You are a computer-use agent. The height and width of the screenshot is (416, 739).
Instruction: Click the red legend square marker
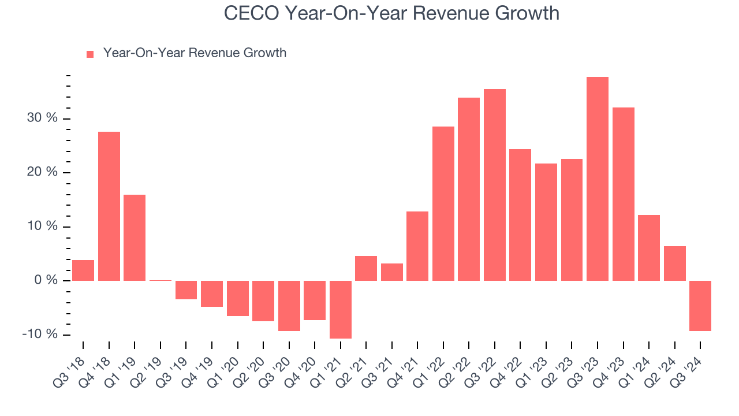click(90, 54)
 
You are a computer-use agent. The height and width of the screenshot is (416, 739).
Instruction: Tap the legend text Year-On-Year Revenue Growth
click(195, 53)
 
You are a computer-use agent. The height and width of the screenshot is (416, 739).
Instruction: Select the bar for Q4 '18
click(109, 206)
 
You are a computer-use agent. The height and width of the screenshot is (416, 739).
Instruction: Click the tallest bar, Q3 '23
click(597, 179)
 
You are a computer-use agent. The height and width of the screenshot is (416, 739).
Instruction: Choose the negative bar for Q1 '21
click(341, 309)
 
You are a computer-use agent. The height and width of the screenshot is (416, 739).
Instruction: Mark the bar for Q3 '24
click(700, 306)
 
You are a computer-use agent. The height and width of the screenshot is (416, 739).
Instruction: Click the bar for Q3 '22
click(495, 185)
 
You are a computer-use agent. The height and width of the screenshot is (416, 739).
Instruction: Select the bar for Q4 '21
click(417, 246)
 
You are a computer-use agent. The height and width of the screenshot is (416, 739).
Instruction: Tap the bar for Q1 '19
click(135, 237)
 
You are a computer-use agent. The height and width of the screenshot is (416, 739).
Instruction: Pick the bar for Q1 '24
click(648, 248)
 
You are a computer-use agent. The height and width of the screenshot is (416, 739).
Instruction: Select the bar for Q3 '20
click(289, 306)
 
